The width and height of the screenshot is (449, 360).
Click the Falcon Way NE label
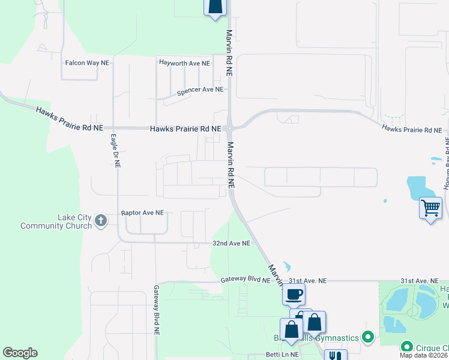tap(87, 62)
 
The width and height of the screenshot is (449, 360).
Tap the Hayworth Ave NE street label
tap(184, 62)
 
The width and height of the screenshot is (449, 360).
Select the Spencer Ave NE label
tap(200, 90)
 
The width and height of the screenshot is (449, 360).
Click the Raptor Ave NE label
tap(142, 213)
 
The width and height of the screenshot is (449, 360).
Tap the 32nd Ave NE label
tap(231, 244)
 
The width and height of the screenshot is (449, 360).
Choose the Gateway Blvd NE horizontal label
tap(246, 280)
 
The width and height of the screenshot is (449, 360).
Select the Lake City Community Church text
tap(58, 221)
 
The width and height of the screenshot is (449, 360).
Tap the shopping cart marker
tap(430, 209)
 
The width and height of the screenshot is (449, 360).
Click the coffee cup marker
tap(294, 295)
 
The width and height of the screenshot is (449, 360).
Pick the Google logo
tap(20, 353)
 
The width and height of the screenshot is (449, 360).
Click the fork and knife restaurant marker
tap(335, 355)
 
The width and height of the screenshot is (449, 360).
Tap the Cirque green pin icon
tap(406, 347)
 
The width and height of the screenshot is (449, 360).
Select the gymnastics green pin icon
tap(369, 338)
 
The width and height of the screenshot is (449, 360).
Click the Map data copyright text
tap(424, 355)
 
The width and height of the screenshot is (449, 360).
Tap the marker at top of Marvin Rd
tap(215, 7)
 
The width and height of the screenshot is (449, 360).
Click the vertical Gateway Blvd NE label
tap(157, 310)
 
